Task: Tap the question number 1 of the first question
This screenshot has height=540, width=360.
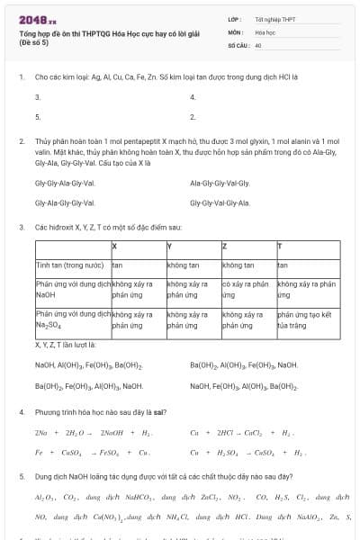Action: point(22,76)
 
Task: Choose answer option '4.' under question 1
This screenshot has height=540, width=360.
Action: point(193,96)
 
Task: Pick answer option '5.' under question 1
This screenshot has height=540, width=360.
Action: point(38,117)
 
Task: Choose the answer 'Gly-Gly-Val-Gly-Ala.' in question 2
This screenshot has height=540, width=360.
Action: point(220,203)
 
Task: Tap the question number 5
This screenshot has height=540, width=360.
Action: point(22,474)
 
